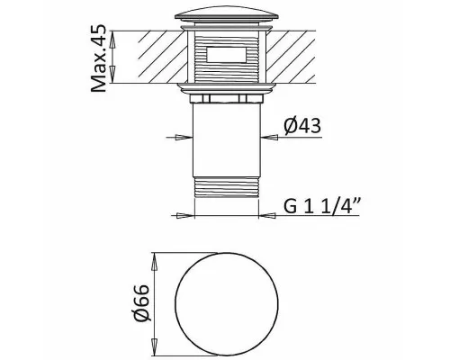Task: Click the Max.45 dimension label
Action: pyautogui.click(x=98, y=58)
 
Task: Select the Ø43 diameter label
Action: pyautogui.click(x=302, y=125)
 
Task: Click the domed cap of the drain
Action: pyautogui.click(x=227, y=16)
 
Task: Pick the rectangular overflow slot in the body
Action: pyautogui.click(x=227, y=55)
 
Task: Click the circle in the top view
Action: pyautogui.click(x=227, y=304)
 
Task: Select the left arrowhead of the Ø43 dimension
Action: pyautogui.click(x=184, y=138)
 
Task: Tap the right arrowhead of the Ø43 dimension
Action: pyautogui.click(x=269, y=138)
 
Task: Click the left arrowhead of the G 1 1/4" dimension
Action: pyautogui.click(x=186, y=215)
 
